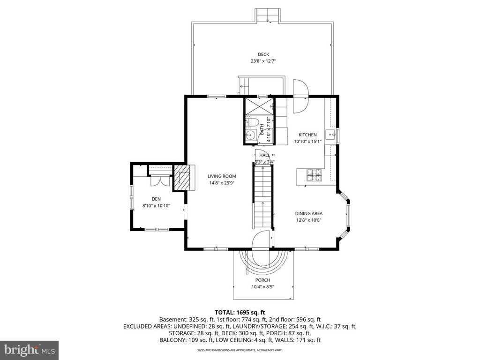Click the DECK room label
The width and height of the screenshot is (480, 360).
click(263, 54)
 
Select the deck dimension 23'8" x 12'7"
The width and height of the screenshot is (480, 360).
click(263, 61)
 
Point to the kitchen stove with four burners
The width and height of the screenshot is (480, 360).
click(314, 175)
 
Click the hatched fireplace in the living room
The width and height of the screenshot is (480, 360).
click(183, 178)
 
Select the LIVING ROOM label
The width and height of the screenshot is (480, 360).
click(222, 176)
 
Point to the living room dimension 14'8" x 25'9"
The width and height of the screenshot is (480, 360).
click(222, 183)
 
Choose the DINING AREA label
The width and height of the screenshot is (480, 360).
click(308, 213)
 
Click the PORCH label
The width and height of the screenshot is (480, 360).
click(263, 280)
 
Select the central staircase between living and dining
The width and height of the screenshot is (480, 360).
click(262, 197)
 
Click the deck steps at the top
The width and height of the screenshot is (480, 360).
click(268, 15)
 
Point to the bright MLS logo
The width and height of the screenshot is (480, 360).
click(29, 350)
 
